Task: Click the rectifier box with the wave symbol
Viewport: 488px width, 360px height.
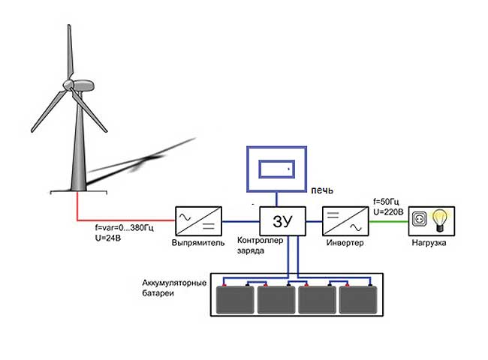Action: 197,221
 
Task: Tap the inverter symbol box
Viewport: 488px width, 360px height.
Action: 343,221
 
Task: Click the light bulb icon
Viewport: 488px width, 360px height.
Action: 441,221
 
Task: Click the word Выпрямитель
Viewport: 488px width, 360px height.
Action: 197,244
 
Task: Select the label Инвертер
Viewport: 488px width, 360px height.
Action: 345,244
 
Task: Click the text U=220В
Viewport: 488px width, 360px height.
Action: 389,211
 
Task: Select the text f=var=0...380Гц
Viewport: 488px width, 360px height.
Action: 130,227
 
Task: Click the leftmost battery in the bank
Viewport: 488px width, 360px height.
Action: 235,300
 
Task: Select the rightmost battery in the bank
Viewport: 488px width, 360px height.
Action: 357,300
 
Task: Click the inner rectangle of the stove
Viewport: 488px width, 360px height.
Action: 276,168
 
